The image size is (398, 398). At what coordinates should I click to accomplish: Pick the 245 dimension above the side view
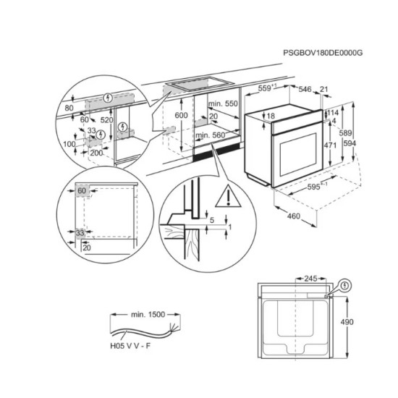[311, 277]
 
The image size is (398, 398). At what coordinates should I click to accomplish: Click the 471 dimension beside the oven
[331, 145]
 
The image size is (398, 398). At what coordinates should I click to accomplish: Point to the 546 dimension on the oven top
[305, 90]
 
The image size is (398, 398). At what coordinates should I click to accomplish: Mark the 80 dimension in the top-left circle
[69, 108]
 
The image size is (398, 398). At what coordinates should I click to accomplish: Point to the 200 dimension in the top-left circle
[96, 154]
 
